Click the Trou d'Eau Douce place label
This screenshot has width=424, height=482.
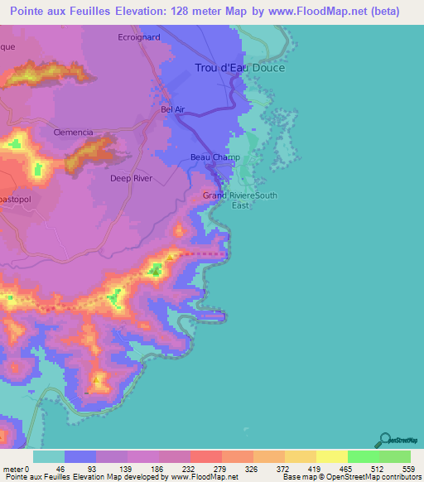pos(239,68)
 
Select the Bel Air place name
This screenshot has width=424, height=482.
pos(172,109)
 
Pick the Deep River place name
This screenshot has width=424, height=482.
pos(131,178)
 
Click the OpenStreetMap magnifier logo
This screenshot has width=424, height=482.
pos(384,438)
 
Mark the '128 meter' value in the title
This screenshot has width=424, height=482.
pos(191,12)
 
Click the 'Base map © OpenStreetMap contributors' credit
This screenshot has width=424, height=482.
pos(349,477)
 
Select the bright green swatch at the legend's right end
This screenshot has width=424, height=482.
pos(395,456)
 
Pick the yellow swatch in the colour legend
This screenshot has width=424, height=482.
pos(332,456)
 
